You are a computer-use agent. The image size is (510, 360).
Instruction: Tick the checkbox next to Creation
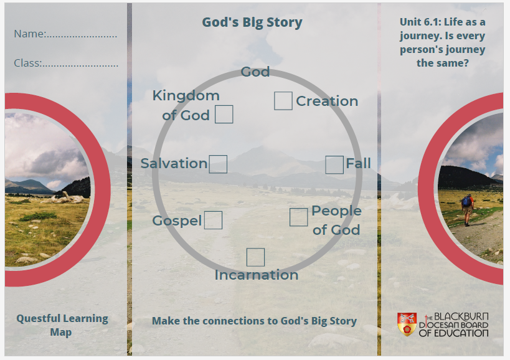pyautogui.click(x=283, y=101)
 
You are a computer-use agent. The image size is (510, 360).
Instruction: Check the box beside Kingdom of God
pyautogui.click(x=224, y=114)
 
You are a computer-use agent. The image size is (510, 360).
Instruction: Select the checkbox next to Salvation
pyautogui.click(x=218, y=164)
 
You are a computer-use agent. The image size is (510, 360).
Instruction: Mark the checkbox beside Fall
pyautogui.click(x=334, y=164)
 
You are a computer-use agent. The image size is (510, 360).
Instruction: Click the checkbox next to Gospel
pyautogui.click(x=214, y=220)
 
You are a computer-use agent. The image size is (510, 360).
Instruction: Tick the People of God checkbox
pyautogui.click(x=298, y=217)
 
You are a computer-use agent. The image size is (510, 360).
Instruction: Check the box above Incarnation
pyautogui.click(x=256, y=257)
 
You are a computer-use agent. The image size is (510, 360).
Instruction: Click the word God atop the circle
pyautogui.click(x=255, y=72)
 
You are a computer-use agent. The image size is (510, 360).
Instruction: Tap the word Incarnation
pyautogui.click(x=257, y=275)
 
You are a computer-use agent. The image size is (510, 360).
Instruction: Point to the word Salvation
pyautogui.click(x=174, y=163)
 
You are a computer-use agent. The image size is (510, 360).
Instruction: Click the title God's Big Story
pyautogui.click(x=252, y=22)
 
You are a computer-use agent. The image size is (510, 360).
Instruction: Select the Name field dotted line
pyautogui.click(x=82, y=36)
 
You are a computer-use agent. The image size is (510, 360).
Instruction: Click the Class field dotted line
pyautogui.click(x=80, y=65)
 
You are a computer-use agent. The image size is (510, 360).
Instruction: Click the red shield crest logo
pyautogui.click(x=407, y=324)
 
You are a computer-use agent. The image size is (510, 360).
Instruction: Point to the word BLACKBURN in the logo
pyautogui.click(x=461, y=316)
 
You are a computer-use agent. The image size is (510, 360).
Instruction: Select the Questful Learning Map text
pyautogui.click(x=62, y=325)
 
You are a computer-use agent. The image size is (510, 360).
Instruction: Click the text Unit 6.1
pyautogui.click(x=420, y=22)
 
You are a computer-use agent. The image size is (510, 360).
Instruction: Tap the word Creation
pyautogui.click(x=327, y=101)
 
